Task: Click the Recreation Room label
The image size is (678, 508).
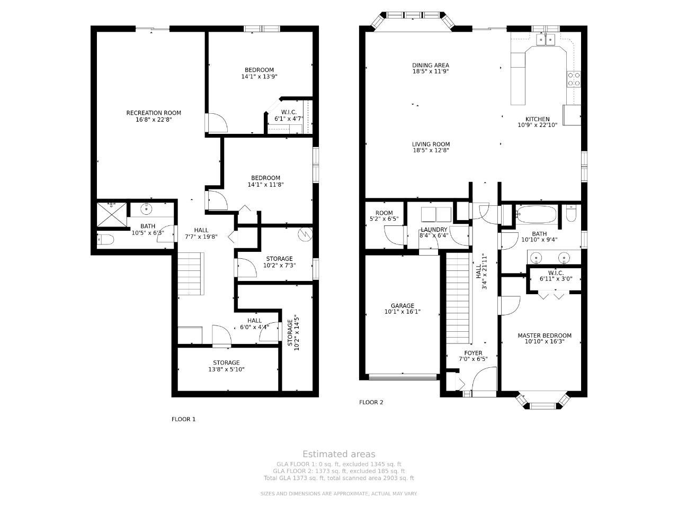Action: (154, 113)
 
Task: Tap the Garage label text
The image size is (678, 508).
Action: (402, 306)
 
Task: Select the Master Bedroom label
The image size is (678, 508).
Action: (545, 335)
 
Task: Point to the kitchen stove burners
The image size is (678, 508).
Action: (574, 79)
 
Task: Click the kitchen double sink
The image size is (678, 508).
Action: (546, 39)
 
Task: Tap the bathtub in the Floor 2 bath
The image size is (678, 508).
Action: (536, 214)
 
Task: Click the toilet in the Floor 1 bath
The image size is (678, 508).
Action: (105, 239)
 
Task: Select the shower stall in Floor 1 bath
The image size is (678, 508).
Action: (112, 215)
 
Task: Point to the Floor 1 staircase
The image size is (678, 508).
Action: (191, 273)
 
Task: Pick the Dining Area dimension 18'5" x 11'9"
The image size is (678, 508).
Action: (431, 71)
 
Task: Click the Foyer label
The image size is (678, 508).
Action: (473, 353)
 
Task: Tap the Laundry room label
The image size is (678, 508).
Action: (434, 230)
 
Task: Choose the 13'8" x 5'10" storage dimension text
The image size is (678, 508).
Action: (226, 369)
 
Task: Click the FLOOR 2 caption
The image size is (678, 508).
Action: (371, 402)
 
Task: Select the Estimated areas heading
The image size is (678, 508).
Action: (339, 454)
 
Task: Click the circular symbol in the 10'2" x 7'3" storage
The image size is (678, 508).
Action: (305, 234)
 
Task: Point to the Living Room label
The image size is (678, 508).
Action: (431, 144)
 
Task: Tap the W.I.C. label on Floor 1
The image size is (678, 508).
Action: (289, 112)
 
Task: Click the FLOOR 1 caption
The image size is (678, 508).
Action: (183, 419)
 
